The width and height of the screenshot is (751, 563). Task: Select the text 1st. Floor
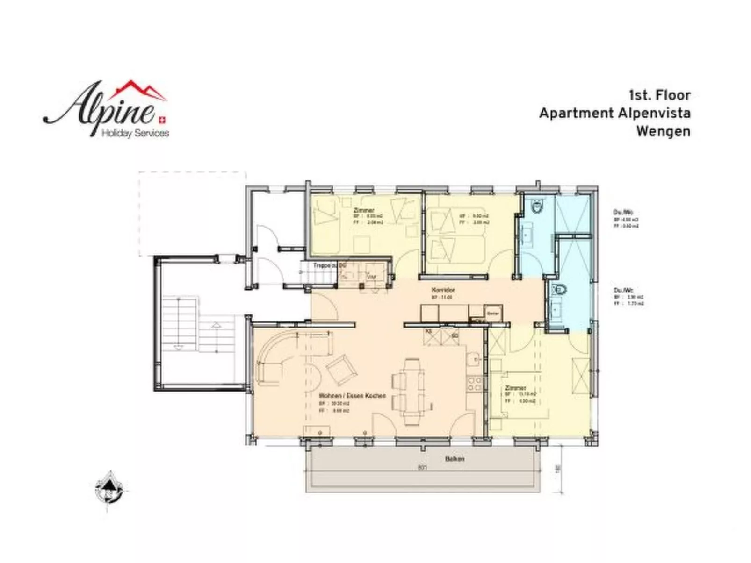659,95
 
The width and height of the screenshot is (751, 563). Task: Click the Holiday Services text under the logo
135,134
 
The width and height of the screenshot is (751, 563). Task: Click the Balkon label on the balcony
455,459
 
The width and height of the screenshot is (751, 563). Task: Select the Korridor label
441,290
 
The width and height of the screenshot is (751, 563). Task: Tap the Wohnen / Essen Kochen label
352,396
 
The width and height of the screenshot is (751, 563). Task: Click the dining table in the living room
412,392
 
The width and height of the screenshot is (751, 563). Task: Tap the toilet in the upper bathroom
538,206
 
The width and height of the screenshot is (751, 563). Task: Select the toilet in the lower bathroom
559,290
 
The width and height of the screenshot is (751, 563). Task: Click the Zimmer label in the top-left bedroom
364,211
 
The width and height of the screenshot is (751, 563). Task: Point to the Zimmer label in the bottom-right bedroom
515,388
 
